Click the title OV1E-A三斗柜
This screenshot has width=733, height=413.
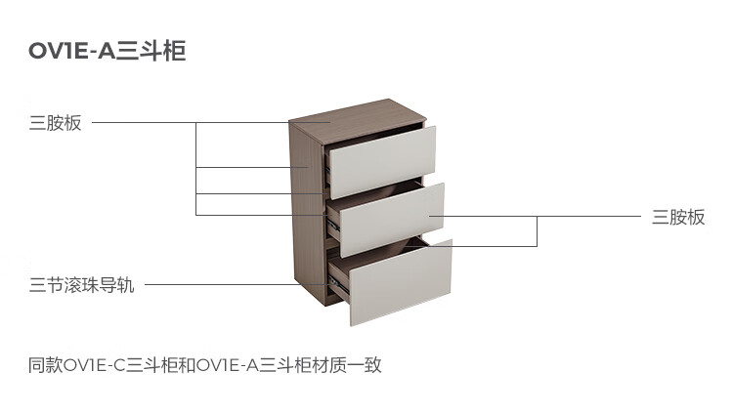(x=108, y=51)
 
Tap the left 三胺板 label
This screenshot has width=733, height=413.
(x=55, y=123)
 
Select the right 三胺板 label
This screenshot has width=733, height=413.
(x=678, y=218)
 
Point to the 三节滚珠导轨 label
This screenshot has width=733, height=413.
(x=82, y=285)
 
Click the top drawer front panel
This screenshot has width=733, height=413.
(x=382, y=162)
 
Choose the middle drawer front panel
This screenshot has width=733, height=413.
(x=392, y=220)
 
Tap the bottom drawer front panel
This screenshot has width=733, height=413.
(x=401, y=282)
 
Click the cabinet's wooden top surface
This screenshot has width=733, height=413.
(x=358, y=120)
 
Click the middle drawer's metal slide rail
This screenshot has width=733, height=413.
(x=333, y=227)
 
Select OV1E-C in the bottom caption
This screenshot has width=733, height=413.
(x=94, y=365)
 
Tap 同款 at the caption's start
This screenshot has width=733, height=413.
(x=45, y=365)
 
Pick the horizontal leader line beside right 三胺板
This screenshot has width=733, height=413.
(x=536, y=217)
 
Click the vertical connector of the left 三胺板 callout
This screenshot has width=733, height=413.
(x=195, y=169)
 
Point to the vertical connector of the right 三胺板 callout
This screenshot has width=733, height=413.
(x=538, y=231)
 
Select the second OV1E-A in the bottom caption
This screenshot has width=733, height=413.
(x=227, y=365)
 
